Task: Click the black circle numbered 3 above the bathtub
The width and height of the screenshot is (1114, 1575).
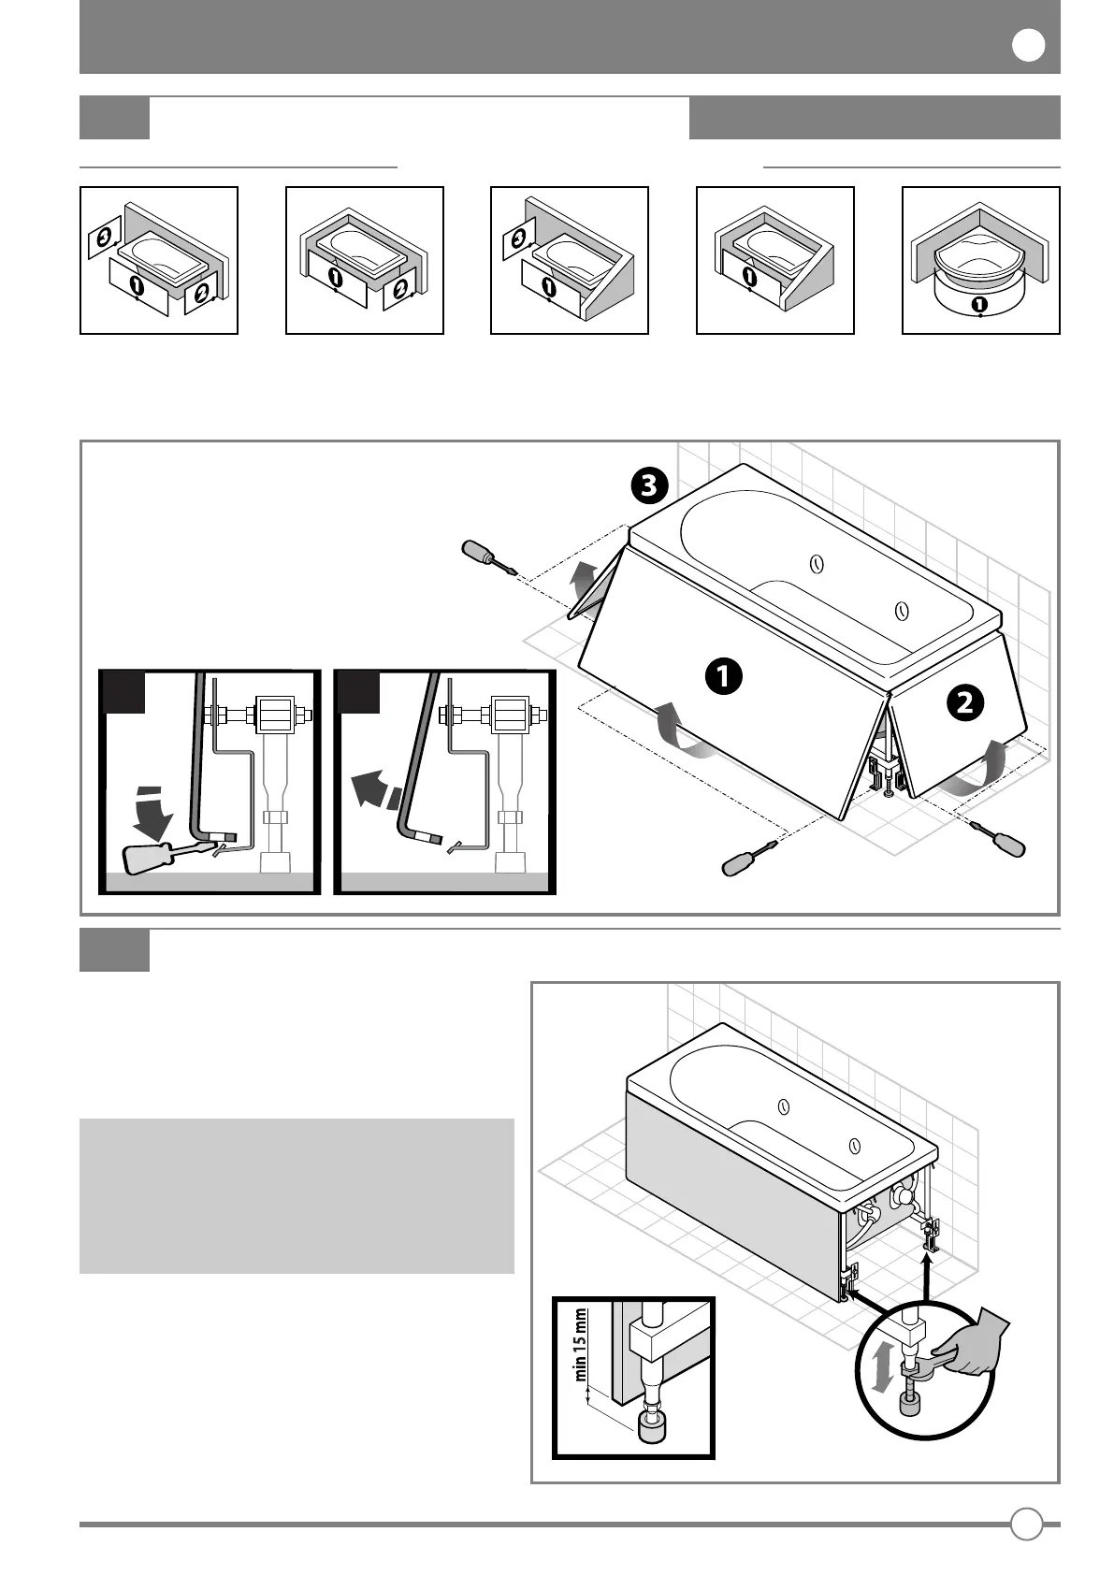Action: pyautogui.click(x=648, y=485)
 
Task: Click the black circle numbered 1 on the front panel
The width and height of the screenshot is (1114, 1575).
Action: pyautogui.click(x=723, y=675)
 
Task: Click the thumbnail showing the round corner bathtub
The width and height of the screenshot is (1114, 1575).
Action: pyautogui.click(x=980, y=260)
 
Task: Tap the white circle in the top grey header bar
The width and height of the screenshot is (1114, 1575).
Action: pyautogui.click(x=1028, y=46)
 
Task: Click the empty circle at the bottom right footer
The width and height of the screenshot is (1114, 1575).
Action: pyautogui.click(x=1026, y=1524)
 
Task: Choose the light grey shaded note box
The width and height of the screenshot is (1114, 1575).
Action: pyautogui.click(x=297, y=1195)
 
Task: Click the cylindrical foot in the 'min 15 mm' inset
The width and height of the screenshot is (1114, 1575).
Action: pyautogui.click(x=654, y=1425)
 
